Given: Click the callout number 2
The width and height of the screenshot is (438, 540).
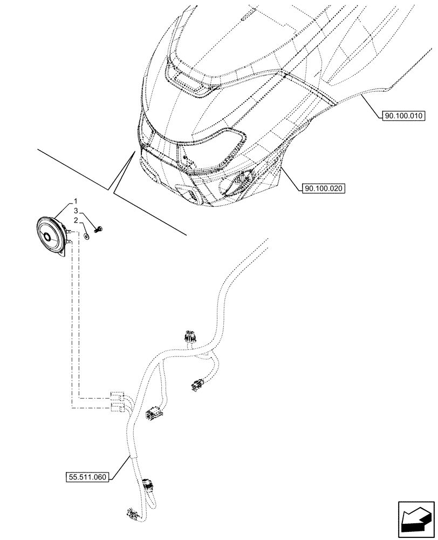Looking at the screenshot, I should tap(77, 220).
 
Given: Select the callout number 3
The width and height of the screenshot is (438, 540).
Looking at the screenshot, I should tap(77, 211).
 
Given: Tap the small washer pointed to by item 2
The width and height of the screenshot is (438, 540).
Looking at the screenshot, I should tap(87, 236).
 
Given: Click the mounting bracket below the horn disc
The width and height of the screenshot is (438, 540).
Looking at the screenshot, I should tap(63, 253).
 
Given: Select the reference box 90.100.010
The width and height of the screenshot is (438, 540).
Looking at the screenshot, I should tap(404, 116).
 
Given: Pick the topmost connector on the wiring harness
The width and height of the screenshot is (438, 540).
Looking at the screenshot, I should tap(190, 337).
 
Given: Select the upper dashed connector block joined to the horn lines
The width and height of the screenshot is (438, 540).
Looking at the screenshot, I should tap(117, 395).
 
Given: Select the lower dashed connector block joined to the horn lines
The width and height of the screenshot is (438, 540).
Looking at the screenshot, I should tap(117, 407).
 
